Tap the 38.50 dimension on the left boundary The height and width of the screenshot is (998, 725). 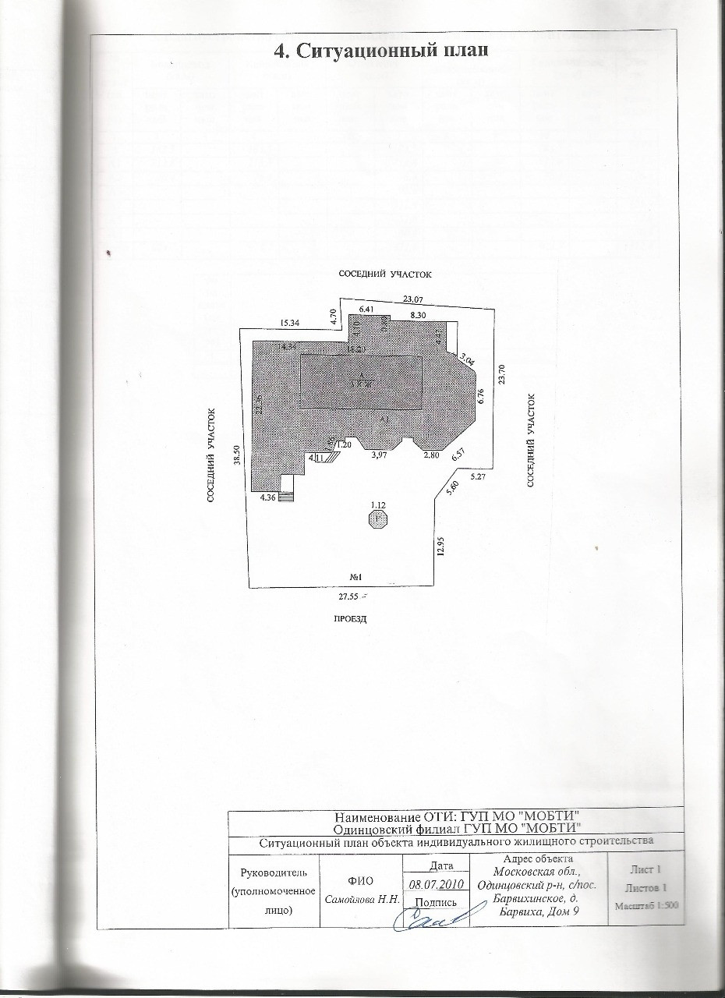click(236, 459)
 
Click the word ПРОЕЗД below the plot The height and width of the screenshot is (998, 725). click(350, 619)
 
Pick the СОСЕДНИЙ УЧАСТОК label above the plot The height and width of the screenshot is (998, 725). click(384, 274)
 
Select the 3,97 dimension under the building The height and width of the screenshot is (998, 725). click(380, 455)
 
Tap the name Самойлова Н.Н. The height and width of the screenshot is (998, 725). click(362, 899)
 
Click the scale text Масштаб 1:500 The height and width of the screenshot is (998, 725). click(648, 907)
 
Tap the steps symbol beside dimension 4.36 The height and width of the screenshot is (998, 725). click(288, 497)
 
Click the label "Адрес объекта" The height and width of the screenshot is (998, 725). click(539, 858)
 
